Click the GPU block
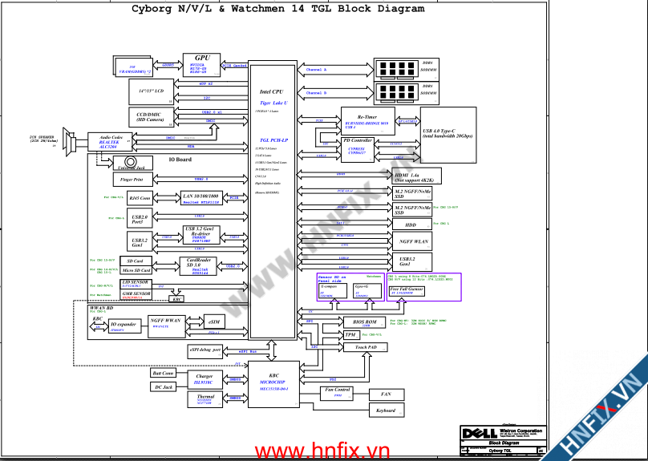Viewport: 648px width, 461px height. pos(201,64)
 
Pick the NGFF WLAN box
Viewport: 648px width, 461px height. pos(414,241)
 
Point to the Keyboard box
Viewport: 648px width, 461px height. pos(385,410)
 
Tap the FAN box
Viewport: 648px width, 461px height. pos(385,394)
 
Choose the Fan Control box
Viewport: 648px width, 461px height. pos(338,393)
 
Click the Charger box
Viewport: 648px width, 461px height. pos(205,378)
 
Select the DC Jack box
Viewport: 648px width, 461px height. pos(163,387)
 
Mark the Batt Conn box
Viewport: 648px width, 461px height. pos(163,373)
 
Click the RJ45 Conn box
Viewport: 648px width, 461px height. pos(140,197)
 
